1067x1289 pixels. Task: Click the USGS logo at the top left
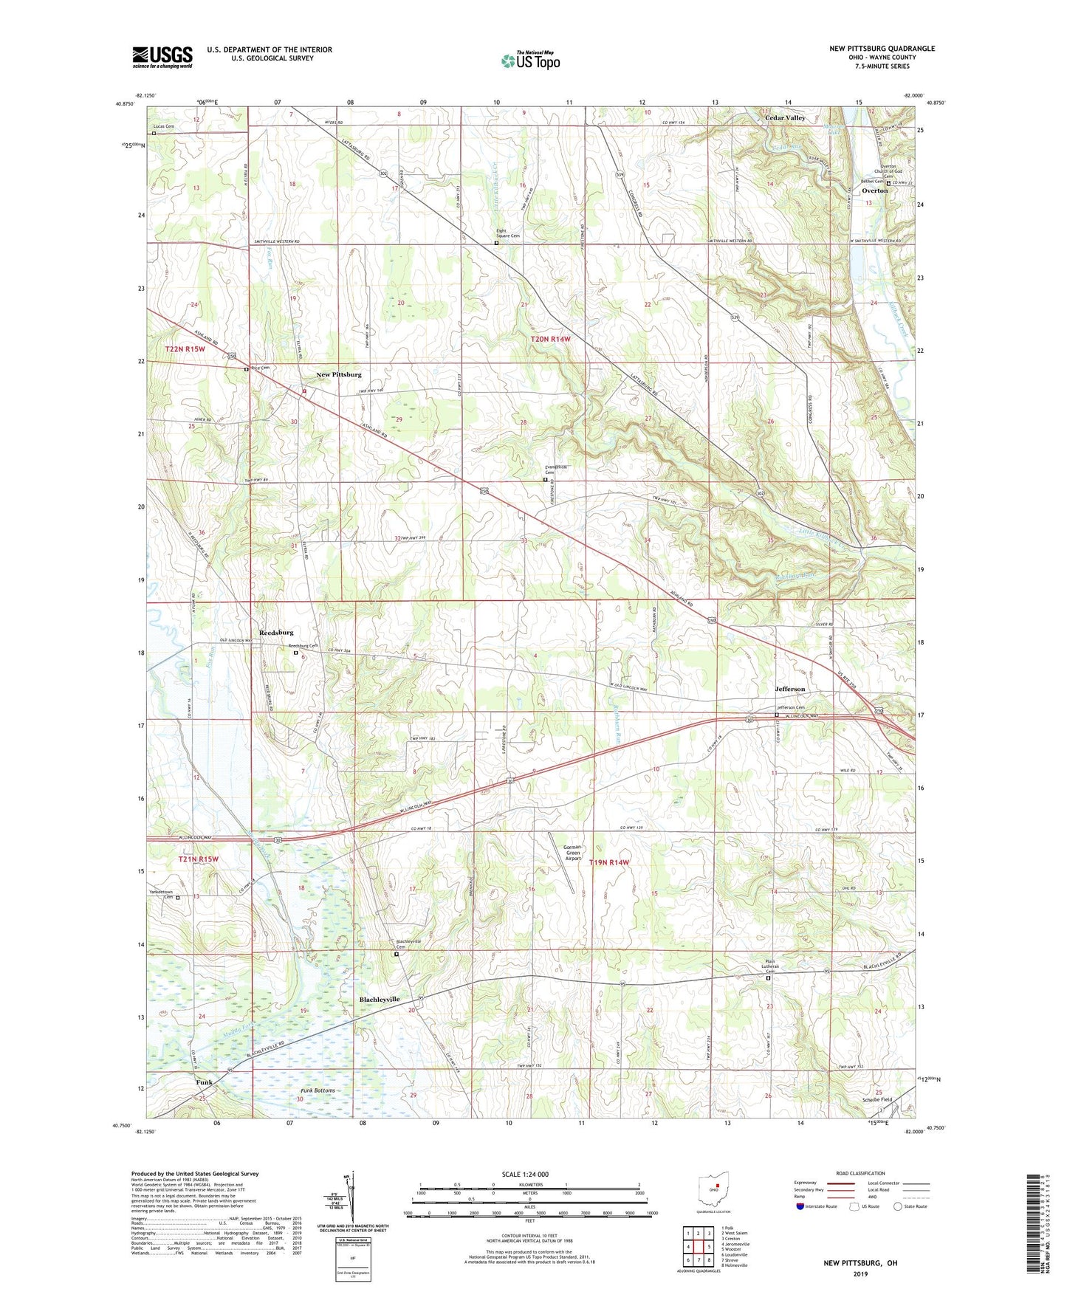[x=162, y=57]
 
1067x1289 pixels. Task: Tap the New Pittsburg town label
[x=339, y=375]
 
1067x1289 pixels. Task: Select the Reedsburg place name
[x=276, y=633]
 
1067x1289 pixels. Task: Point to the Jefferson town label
[x=789, y=689]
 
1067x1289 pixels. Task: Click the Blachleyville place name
[x=380, y=999]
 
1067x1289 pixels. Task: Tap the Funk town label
[x=204, y=1082]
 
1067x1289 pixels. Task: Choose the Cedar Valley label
[x=785, y=118]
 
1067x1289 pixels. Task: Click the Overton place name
[x=875, y=190]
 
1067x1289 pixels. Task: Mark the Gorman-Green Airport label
[x=572, y=853]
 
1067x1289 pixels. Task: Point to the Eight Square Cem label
[x=507, y=236]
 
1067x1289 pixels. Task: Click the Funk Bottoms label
[x=318, y=1090]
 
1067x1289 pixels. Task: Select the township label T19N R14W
[x=609, y=862]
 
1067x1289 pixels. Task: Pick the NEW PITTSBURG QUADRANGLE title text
[x=882, y=49]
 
